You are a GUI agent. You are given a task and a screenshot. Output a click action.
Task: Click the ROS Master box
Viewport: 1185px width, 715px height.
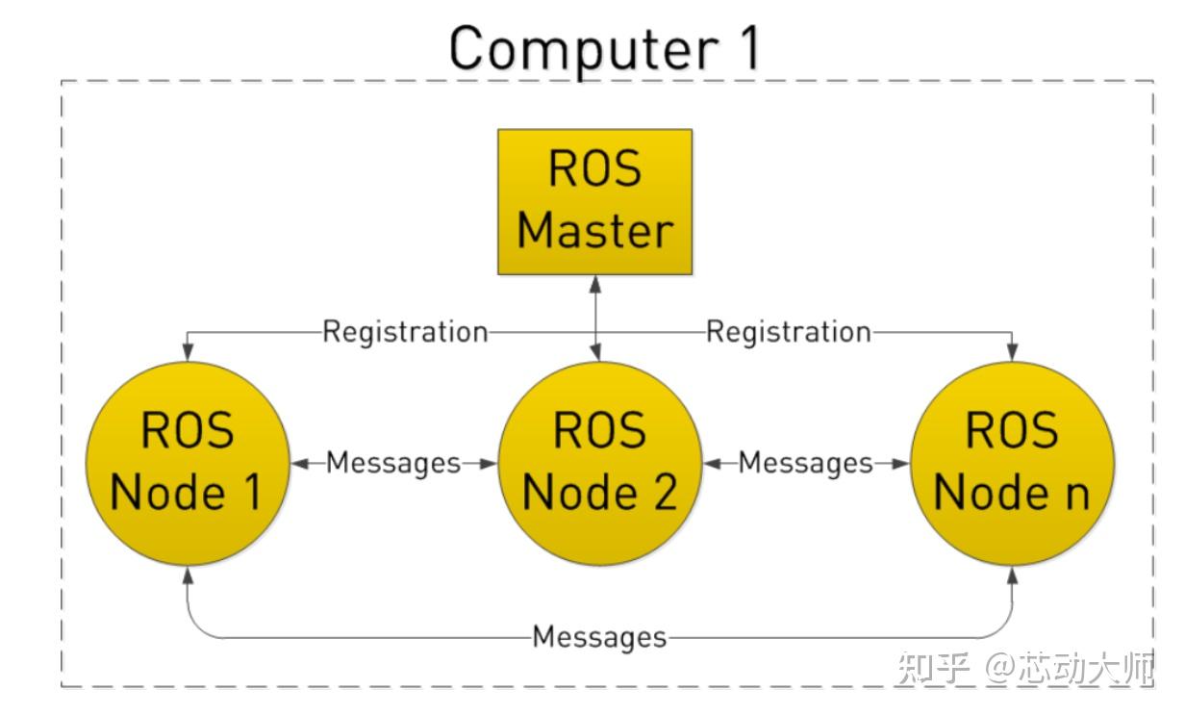click(x=594, y=202)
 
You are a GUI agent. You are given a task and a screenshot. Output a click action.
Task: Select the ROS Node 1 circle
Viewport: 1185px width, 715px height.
click(x=187, y=462)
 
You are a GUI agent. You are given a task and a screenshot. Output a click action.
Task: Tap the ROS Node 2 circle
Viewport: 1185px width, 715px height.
click(x=598, y=462)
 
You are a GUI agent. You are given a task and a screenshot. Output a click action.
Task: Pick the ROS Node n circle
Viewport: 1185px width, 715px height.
click(x=1011, y=462)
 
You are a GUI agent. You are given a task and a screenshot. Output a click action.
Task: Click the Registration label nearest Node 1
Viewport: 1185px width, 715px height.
click(x=405, y=332)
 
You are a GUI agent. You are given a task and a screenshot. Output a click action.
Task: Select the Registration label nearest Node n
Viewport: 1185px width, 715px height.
click(x=789, y=332)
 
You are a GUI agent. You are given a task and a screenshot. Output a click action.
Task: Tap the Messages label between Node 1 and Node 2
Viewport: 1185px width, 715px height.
click(x=392, y=463)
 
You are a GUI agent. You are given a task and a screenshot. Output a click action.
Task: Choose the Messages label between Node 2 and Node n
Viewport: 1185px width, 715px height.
click(x=805, y=463)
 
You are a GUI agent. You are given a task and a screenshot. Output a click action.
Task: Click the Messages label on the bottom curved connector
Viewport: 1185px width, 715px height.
click(x=598, y=636)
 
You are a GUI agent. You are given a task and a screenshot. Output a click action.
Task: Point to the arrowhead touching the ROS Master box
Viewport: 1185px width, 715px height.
click(x=596, y=284)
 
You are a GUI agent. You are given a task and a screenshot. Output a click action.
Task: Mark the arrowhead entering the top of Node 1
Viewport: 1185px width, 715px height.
click(x=187, y=352)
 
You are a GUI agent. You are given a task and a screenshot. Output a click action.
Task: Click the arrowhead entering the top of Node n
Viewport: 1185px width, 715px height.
click(x=1011, y=352)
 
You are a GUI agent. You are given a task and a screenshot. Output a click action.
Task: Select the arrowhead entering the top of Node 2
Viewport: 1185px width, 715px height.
click(x=596, y=352)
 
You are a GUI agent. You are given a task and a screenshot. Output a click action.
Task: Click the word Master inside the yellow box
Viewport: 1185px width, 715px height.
click(x=594, y=231)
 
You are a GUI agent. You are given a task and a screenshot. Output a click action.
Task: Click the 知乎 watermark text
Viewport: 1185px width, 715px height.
click(x=933, y=667)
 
